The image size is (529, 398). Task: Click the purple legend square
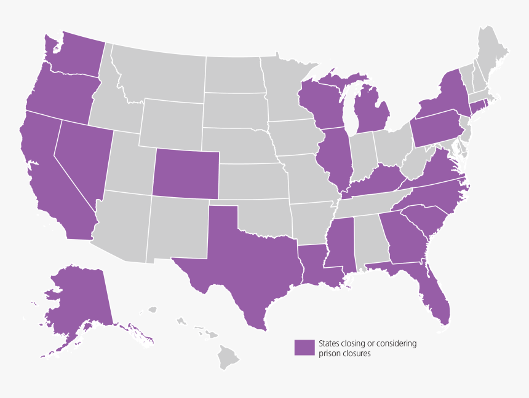[x=303, y=348]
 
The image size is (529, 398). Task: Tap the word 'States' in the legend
[x=329, y=343]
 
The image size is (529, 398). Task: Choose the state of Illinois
[x=335, y=157]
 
